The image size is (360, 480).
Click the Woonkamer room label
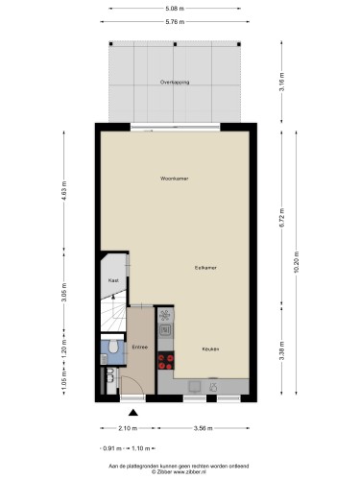point(175,179)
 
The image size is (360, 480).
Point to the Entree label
point(140,347)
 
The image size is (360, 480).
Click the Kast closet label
point(112,280)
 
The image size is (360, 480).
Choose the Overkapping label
point(175,83)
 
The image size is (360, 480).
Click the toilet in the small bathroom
point(112,347)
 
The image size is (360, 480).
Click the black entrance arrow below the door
point(132,414)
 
